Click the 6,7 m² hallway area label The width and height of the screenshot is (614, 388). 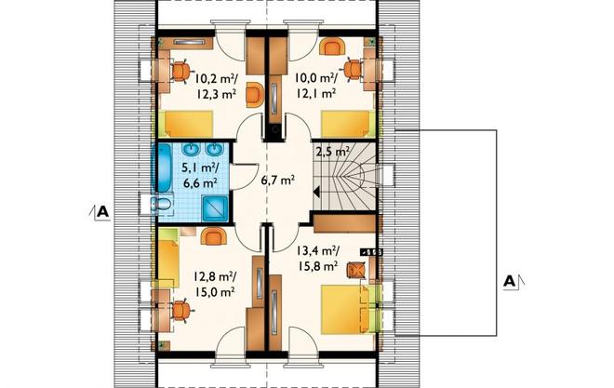pyautogui.click(x=277, y=181)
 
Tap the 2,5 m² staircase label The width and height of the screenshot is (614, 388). pyautogui.click(x=332, y=151)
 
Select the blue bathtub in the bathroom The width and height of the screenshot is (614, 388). pyautogui.click(x=164, y=167)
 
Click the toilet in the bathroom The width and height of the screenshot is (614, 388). pyautogui.click(x=163, y=204)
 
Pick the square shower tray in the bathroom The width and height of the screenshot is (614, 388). pyautogui.click(x=215, y=209)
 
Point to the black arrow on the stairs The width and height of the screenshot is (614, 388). pyautogui.click(x=316, y=193)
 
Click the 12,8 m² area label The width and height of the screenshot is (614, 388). pyautogui.click(x=213, y=276)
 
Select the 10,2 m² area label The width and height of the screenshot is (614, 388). pyautogui.click(x=216, y=79)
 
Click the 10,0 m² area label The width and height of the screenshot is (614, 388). pyautogui.click(x=315, y=79)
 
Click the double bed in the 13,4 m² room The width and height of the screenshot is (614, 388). pyautogui.click(x=345, y=309)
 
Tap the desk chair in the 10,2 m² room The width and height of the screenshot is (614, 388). pyautogui.click(x=180, y=72)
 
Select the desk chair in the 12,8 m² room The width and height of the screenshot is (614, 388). pyautogui.click(x=181, y=310)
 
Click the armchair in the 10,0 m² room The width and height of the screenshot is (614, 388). pyautogui.click(x=331, y=47)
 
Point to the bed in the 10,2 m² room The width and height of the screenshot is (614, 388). pyautogui.click(x=185, y=124)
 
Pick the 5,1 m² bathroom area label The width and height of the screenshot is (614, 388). pyautogui.click(x=200, y=168)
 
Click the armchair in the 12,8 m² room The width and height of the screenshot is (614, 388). pyautogui.click(x=213, y=236)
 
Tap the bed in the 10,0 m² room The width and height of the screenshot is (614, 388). pyautogui.click(x=345, y=124)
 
